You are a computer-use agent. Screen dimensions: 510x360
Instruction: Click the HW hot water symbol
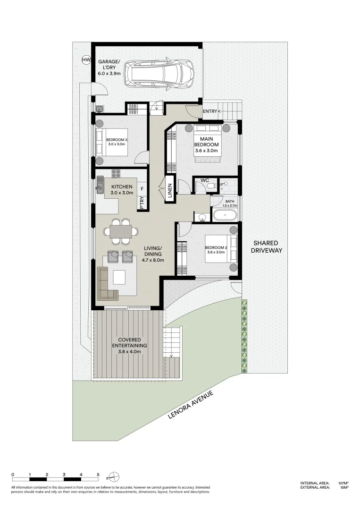(x=86, y=60)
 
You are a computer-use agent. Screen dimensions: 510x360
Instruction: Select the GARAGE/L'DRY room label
(x=109, y=68)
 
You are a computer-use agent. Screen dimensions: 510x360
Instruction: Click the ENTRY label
(x=210, y=111)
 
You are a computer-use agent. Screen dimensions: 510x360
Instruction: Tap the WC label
(x=205, y=180)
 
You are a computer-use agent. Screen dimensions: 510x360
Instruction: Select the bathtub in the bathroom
(x=225, y=216)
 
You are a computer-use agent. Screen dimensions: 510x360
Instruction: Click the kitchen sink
(x=100, y=187)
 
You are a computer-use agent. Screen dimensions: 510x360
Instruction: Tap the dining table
(x=121, y=231)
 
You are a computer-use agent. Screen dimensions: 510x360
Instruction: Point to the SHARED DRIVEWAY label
(x=267, y=246)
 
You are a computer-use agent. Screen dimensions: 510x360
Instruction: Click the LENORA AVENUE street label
(x=191, y=405)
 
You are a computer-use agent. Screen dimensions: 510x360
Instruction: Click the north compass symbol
(x=115, y=476)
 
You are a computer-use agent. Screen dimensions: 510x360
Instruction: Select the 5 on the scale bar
(x=98, y=474)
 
